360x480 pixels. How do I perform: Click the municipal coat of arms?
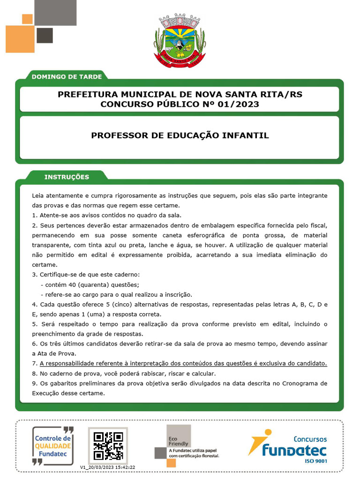coord(180,41)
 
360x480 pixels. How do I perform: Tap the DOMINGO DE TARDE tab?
coord(67,76)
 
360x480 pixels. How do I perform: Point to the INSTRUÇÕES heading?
coord(67,177)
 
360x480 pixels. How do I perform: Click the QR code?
coord(108,445)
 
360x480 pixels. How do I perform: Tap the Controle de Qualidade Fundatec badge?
coord(53,445)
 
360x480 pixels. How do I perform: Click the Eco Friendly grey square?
coord(179,436)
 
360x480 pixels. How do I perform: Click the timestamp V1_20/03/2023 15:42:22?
coord(108,467)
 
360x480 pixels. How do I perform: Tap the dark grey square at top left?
coord(45,35)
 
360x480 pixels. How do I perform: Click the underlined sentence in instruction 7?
coord(183,364)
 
